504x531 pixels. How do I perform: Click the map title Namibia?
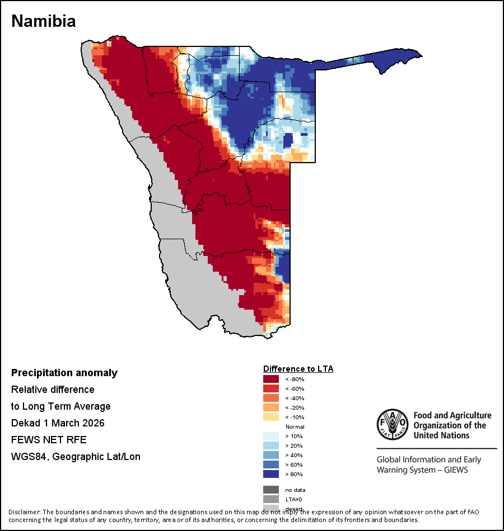pyautogui.click(x=44, y=21)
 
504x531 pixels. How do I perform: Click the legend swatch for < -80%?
pyautogui.click(x=271, y=380)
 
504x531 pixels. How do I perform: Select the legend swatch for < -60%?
pyautogui.click(x=271, y=389)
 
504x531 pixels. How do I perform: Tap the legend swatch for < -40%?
pyautogui.click(x=271, y=399)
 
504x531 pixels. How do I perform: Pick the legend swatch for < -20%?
pyautogui.click(x=271, y=408)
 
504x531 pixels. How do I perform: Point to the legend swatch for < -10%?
pyautogui.click(x=271, y=418)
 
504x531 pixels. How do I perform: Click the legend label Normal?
pyautogui.click(x=295, y=427)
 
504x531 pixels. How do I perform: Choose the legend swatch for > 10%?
pyautogui.click(x=271, y=437)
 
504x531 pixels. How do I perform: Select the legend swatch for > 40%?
pyautogui.click(x=271, y=456)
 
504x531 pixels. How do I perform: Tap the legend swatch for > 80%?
pyautogui.click(x=271, y=475)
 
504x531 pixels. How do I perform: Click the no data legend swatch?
pyautogui.click(x=271, y=490)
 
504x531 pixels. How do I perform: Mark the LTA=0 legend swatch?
pyautogui.click(x=271, y=499)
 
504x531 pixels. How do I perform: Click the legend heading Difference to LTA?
pyautogui.click(x=298, y=369)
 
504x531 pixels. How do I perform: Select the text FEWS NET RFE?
pyautogui.click(x=49, y=440)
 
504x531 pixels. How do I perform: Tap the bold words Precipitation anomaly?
pyautogui.click(x=64, y=373)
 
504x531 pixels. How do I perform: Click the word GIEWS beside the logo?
pyautogui.click(x=454, y=470)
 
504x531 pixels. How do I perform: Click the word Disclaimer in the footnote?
pyautogui.click(x=24, y=512)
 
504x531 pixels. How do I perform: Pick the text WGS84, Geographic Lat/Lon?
pyautogui.click(x=76, y=457)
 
